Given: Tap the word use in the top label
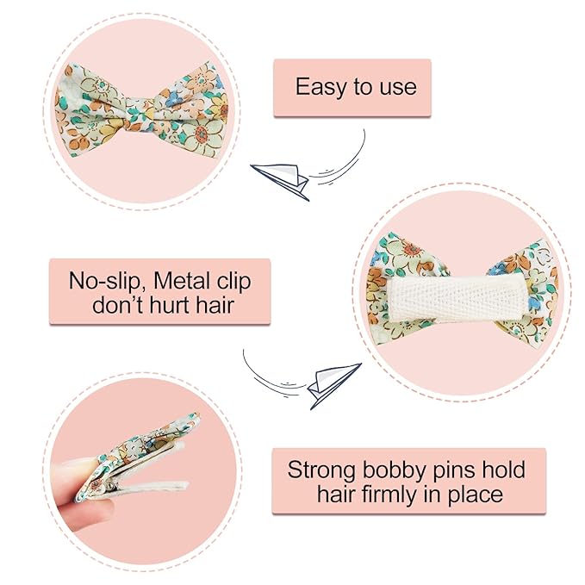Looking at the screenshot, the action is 398,87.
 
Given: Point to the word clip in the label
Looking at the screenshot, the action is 232,282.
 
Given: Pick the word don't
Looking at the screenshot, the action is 117,305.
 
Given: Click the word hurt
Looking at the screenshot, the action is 170,305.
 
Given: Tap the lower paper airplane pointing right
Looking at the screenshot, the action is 333,384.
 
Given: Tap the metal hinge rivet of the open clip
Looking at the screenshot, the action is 111,484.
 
